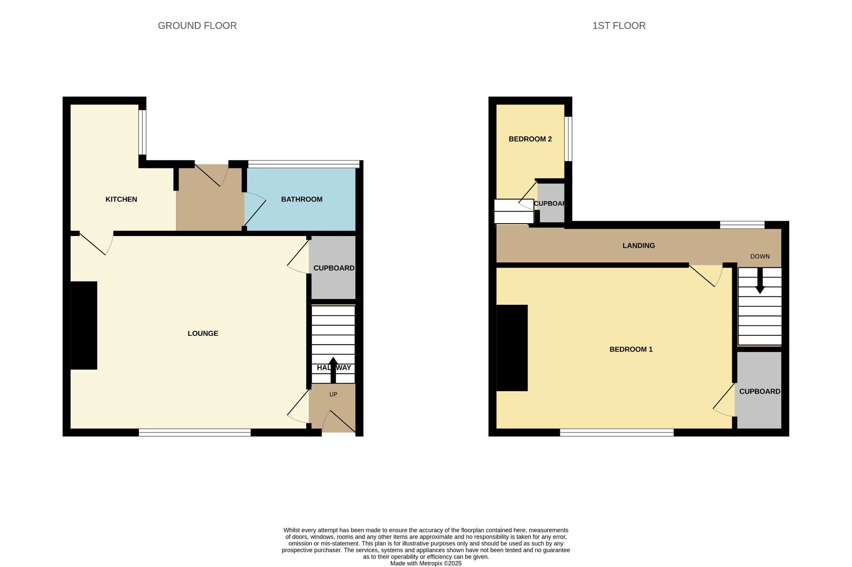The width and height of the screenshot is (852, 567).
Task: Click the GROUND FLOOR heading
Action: [x=197, y=26]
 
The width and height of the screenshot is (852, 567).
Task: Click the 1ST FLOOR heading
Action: [x=619, y=26]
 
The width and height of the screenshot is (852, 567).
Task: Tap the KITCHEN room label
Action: [x=121, y=200]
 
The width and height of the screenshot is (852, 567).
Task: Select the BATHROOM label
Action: [x=302, y=200]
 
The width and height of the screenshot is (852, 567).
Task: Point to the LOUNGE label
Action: [x=203, y=333]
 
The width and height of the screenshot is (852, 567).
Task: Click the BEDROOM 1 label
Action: [x=631, y=350]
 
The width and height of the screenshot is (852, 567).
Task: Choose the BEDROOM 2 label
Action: [x=530, y=139]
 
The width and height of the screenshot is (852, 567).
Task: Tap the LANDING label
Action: [x=639, y=246]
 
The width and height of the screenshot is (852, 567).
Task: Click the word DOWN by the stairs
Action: [x=760, y=256]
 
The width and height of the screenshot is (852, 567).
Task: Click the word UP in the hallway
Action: [x=333, y=394]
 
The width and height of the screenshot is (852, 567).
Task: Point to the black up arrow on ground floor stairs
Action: [x=333, y=370]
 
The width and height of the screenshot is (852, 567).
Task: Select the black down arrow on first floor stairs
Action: [x=760, y=281]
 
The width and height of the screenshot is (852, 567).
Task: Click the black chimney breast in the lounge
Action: [x=84, y=325]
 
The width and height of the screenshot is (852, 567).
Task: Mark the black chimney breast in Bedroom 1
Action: [x=512, y=348]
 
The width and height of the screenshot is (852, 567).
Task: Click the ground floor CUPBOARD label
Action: [x=334, y=268]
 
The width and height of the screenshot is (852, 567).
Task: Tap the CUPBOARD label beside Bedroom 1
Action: [x=760, y=392]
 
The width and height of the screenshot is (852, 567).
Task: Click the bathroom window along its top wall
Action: [x=304, y=164]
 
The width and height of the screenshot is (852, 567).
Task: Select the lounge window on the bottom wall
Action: [x=195, y=433]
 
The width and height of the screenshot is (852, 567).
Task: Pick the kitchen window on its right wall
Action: [x=142, y=132]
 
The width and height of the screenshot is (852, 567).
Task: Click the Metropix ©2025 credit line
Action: [x=426, y=564]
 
